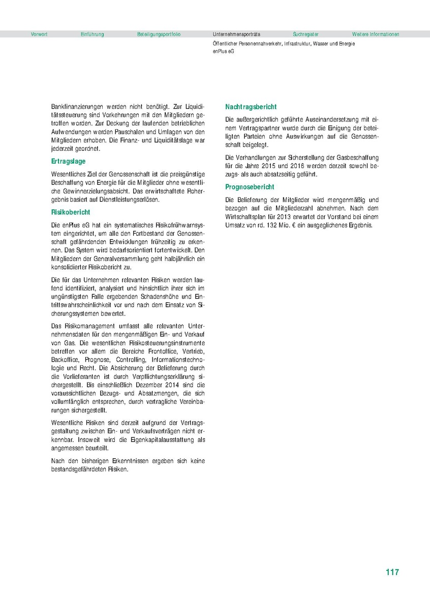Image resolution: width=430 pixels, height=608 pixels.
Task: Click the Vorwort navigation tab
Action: click(39, 35)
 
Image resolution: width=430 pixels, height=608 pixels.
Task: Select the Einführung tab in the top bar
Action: click(92, 35)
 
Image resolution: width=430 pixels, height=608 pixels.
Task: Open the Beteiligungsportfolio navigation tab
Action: click(159, 35)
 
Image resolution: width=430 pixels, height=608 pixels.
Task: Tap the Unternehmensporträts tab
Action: click(236, 35)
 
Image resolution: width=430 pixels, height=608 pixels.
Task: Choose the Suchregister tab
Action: click(305, 35)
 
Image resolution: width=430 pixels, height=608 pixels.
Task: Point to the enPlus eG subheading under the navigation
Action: click(224, 51)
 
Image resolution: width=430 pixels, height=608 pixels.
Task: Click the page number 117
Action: click(392, 572)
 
